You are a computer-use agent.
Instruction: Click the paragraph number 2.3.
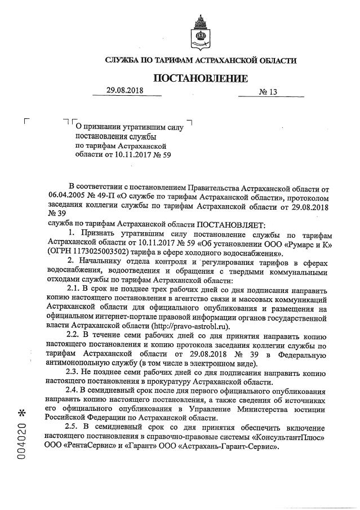tap(74, 372)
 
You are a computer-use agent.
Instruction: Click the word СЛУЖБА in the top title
tap(127, 60)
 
